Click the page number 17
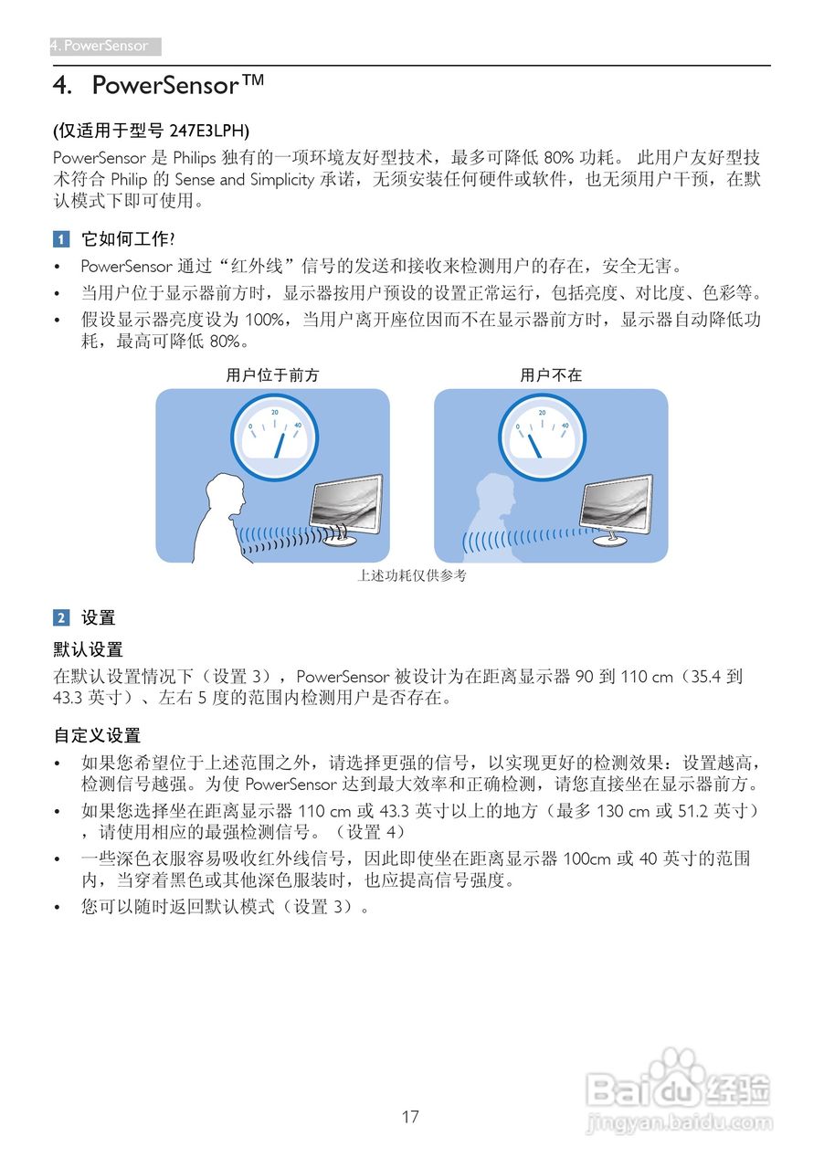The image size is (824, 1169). [x=410, y=1116]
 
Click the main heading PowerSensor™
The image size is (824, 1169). [x=178, y=87]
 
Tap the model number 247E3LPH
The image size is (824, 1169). [x=209, y=130]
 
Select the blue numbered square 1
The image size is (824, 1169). [x=60, y=239]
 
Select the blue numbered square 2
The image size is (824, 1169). [x=60, y=618]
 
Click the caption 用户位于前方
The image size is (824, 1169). [x=272, y=375]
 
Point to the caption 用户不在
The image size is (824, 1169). [x=551, y=375]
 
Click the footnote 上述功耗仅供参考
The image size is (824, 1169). [x=412, y=576]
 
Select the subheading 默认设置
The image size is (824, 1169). [x=88, y=650]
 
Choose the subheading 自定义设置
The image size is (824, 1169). [x=97, y=735]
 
